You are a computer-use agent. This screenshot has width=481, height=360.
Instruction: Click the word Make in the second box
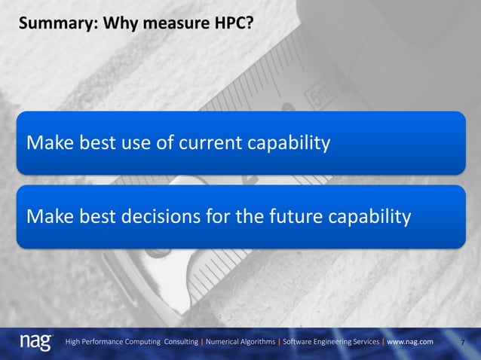click(47, 217)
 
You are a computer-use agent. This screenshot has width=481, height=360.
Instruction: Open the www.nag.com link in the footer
click(410, 342)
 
